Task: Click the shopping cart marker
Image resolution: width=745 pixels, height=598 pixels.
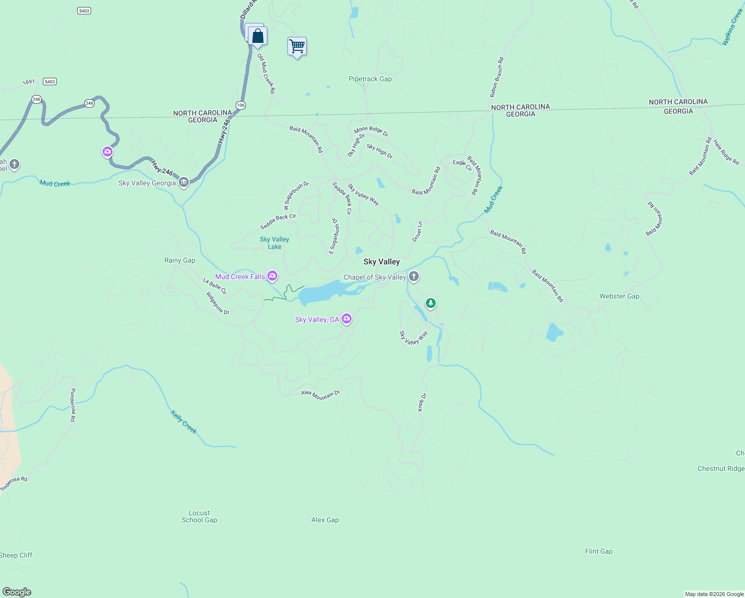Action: coord(297,47)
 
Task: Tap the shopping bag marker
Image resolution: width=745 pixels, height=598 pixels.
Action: coord(257,36)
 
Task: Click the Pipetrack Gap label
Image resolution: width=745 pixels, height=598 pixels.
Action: coord(370,79)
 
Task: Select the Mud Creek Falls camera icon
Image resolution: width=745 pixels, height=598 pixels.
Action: coord(272,276)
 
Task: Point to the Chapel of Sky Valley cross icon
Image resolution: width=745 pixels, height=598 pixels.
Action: coord(413,277)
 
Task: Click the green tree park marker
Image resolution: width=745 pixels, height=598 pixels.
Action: coord(431,303)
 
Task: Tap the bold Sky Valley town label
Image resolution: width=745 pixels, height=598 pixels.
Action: coord(381,262)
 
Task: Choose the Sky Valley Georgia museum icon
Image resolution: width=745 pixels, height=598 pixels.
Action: coord(184,183)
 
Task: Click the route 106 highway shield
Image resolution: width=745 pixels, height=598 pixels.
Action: coord(241,105)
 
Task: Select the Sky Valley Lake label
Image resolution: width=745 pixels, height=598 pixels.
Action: coord(274,243)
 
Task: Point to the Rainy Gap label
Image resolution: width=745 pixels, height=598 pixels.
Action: coord(180,260)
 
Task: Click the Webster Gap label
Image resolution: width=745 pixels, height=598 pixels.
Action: coord(619,296)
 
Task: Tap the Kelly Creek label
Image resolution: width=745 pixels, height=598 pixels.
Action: coord(184,422)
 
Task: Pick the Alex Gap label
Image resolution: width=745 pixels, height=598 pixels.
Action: coord(325,520)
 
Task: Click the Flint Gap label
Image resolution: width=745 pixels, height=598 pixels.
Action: coord(599,551)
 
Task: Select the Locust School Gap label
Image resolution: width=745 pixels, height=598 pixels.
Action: coord(199,516)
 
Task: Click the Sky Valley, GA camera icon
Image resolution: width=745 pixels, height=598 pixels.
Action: coord(347,319)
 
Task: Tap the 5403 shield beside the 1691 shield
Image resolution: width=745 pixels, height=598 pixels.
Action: coord(50,82)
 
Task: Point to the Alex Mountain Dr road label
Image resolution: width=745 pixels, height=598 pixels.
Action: coord(320,395)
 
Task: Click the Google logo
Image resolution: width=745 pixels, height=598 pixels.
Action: coord(17,592)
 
